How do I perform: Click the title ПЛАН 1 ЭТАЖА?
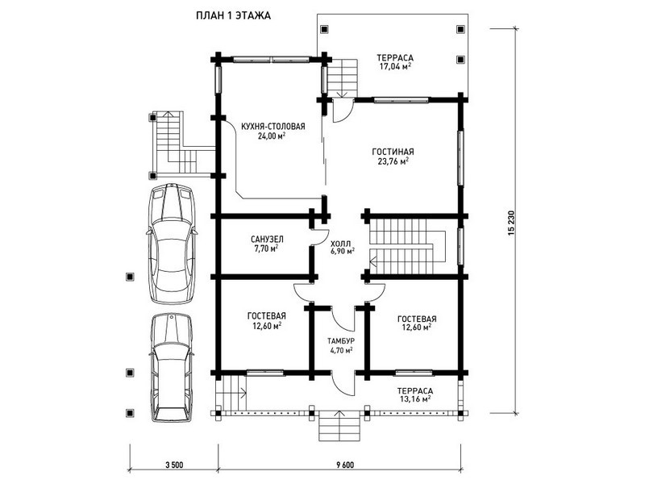point(233,16)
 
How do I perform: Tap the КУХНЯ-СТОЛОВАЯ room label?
point(273,127)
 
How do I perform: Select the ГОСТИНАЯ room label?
point(393,152)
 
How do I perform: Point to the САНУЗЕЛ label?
point(267,239)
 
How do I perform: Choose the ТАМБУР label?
point(341,341)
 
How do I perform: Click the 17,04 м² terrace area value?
point(395,67)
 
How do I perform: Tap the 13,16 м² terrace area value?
point(415,398)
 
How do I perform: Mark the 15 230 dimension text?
point(511,223)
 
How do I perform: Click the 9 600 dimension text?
point(345,465)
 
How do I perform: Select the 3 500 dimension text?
point(174,465)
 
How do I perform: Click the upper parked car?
point(172,244)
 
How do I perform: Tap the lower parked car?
point(172,368)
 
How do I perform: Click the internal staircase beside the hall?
point(408,246)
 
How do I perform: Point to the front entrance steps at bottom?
point(339,426)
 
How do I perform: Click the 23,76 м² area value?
point(393,161)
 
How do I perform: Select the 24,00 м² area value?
point(272,136)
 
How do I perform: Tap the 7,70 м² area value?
point(266,248)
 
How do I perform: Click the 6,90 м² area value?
point(343,251)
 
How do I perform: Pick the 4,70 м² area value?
point(341,350)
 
